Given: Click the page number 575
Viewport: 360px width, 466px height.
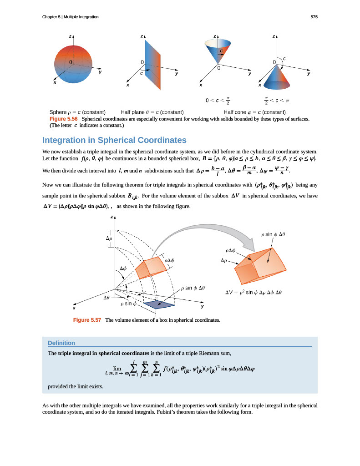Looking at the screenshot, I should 314,17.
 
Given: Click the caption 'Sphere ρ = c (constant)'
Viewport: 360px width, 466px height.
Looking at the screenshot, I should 77,112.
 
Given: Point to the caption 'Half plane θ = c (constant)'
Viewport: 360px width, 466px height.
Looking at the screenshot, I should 152,112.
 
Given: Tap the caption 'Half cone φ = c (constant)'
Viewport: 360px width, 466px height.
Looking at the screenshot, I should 254,112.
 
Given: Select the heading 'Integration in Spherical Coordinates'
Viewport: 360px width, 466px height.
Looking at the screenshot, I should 114,140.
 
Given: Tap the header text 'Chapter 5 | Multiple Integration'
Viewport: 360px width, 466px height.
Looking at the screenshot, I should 71,17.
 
